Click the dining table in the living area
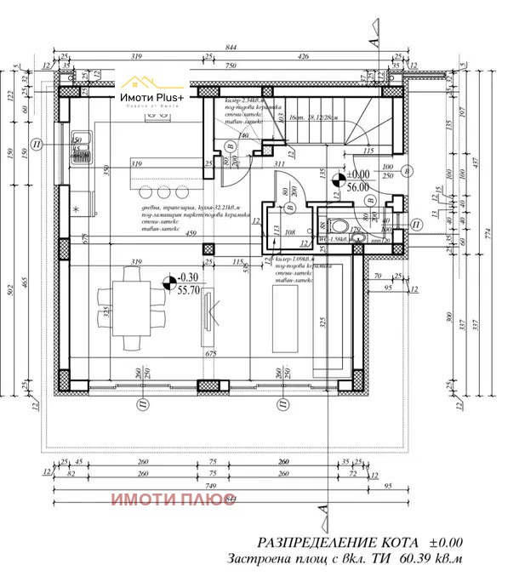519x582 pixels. pyautogui.click(x=135, y=305)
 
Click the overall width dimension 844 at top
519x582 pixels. pyautogui.click(x=226, y=47)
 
